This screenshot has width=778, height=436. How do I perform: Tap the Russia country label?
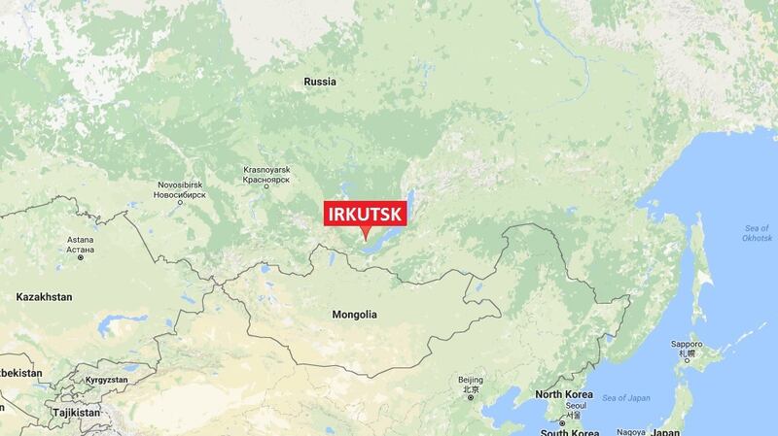pos(319,82)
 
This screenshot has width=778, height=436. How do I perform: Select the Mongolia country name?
pos(353,315)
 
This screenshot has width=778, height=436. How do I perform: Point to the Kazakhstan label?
pos(46,295)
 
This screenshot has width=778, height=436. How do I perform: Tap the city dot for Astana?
pos(81,258)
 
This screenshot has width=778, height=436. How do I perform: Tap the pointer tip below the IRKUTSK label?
pos(366,239)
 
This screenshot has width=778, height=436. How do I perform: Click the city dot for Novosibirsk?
pos(180,204)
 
